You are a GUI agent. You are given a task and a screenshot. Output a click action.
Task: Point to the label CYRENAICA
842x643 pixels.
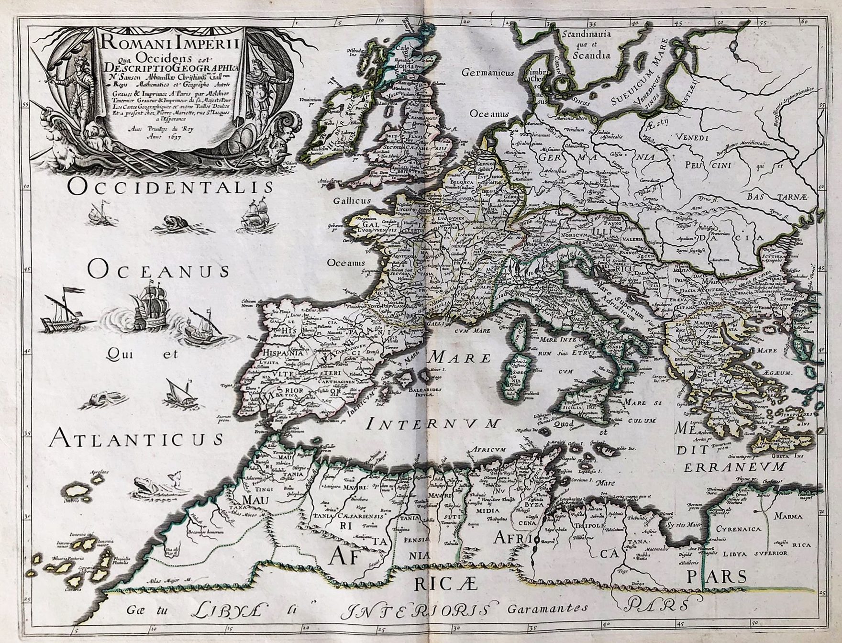click(739, 530)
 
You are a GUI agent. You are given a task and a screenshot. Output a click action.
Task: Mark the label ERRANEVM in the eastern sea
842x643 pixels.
click(735, 466)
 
